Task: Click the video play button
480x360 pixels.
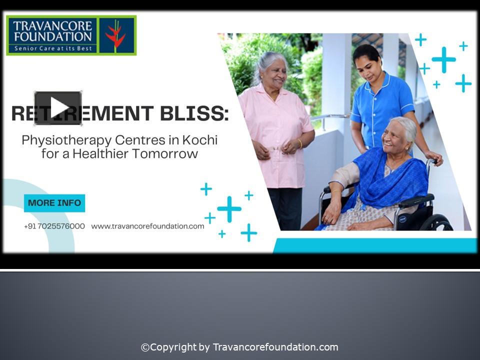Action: [x=58, y=108]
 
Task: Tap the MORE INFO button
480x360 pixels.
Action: [x=54, y=203]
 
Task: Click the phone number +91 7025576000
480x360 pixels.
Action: [x=54, y=226]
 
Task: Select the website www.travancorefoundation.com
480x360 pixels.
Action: [x=147, y=226]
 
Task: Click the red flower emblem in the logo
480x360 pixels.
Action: [x=115, y=35]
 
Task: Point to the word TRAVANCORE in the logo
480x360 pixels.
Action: [x=52, y=25]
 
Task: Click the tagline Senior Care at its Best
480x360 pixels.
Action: [x=52, y=48]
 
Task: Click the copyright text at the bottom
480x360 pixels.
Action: [x=239, y=347]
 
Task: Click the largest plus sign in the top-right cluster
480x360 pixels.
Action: [x=443, y=60]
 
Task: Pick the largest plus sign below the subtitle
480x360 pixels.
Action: [x=229, y=209]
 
